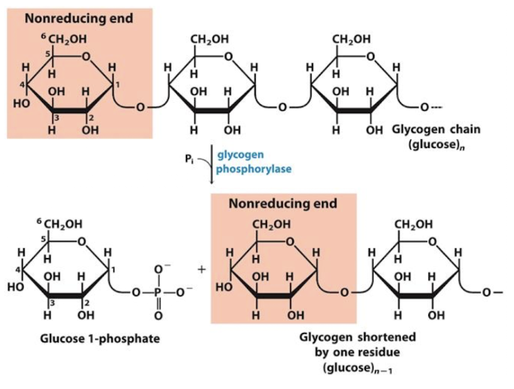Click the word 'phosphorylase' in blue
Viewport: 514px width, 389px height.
point(254,169)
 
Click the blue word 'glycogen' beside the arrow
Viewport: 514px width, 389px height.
point(241,154)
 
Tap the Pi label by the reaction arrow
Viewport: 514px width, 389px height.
point(189,159)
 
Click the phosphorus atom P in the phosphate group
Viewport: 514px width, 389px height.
point(158,292)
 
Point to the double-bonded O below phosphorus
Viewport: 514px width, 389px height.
point(158,315)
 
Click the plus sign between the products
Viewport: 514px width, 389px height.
point(202,269)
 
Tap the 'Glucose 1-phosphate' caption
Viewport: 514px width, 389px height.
point(100,338)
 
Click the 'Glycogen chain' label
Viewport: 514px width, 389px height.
point(437,129)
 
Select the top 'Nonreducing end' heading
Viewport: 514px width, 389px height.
point(79,18)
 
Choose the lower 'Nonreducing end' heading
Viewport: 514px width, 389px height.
point(283,203)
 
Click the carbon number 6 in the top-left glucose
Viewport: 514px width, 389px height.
point(43,36)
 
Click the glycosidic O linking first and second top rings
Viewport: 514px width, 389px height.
point(140,107)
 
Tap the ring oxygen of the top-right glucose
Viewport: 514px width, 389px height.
point(370,57)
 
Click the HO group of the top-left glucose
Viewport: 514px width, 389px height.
point(21,103)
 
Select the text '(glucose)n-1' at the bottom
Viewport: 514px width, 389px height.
point(358,368)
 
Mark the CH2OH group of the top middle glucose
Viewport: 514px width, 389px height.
point(210,40)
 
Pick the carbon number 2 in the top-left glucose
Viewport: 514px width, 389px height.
point(92,118)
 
